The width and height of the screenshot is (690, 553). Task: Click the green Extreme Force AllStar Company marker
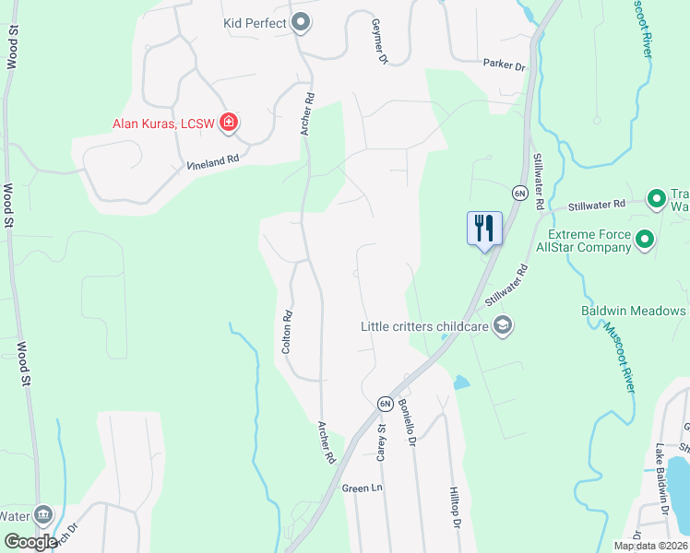tap(645, 241)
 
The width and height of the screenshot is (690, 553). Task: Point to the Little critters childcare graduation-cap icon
tap(503, 324)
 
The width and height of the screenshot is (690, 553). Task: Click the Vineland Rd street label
tap(213, 159)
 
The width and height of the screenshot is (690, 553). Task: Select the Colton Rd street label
tap(287, 332)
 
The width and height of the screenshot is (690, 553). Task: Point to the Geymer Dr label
tap(378, 41)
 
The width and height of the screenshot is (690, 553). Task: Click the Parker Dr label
tap(504, 66)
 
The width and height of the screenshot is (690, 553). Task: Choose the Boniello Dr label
tap(407, 429)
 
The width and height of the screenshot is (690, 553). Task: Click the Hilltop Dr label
tap(454, 508)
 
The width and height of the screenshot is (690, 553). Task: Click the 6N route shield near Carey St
tap(385, 404)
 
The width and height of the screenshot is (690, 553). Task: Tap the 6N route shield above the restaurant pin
tap(519, 193)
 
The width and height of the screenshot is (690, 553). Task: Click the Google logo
tap(30, 542)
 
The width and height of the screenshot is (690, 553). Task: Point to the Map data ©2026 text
tap(650, 546)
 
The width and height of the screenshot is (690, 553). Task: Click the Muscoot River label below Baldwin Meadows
tap(619, 359)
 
